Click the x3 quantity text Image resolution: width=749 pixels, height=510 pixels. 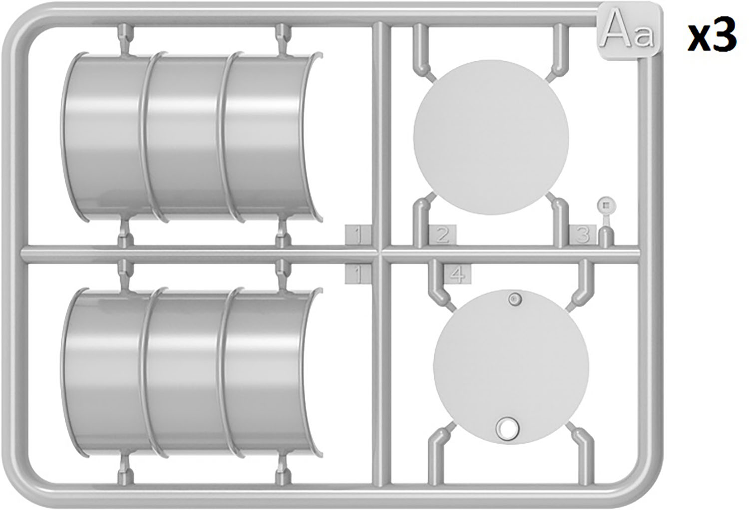click(x=712, y=35)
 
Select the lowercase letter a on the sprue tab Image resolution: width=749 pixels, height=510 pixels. click(x=644, y=37)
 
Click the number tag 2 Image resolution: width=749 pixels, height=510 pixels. click(x=442, y=235)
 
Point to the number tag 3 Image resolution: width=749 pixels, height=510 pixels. click(x=583, y=235)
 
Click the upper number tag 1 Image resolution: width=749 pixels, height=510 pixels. click(x=358, y=236)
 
